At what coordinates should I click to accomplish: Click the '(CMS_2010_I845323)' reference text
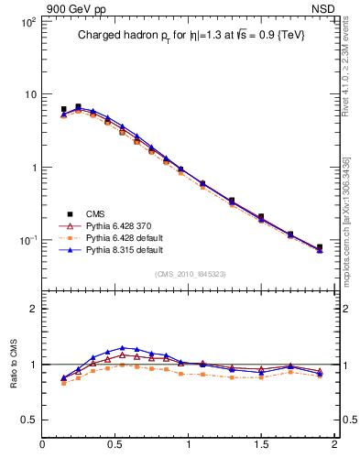point(186,272)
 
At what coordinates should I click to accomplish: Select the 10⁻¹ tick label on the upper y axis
point(27,240)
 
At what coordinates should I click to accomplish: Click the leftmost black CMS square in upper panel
point(63,109)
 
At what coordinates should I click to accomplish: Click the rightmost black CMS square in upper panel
point(320,247)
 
